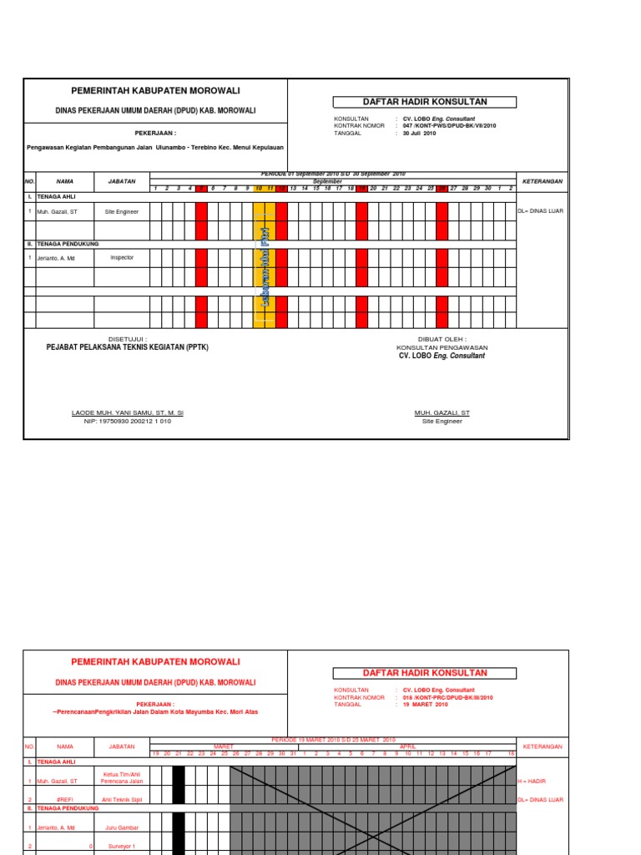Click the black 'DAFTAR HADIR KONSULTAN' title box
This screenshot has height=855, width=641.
[x=424, y=102]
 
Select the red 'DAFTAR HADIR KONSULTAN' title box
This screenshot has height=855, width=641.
[x=424, y=673]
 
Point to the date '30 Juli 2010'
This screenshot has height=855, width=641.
[x=420, y=133]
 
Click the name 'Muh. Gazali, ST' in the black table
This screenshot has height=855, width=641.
[x=57, y=212]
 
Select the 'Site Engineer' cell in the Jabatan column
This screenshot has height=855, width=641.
[x=121, y=212]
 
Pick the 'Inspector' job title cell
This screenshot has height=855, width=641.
[x=121, y=258]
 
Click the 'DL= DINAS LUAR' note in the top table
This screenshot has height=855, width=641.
[x=541, y=211]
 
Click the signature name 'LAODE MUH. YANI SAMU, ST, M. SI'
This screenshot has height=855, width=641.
[x=128, y=412]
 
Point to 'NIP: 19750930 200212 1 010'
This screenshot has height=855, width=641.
[x=128, y=421]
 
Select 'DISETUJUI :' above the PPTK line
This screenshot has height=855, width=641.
[x=128, y=340]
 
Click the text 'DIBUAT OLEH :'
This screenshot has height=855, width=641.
[x=442, y=340]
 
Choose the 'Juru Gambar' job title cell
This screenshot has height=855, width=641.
[x=121, y=827]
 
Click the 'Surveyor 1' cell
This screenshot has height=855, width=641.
[x=121, y=846]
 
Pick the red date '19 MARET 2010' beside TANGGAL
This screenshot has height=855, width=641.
[x=426, y=704]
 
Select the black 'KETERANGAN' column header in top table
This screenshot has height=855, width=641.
[x=542, y=181]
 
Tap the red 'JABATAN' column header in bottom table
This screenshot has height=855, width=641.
[x=121, y=746]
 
